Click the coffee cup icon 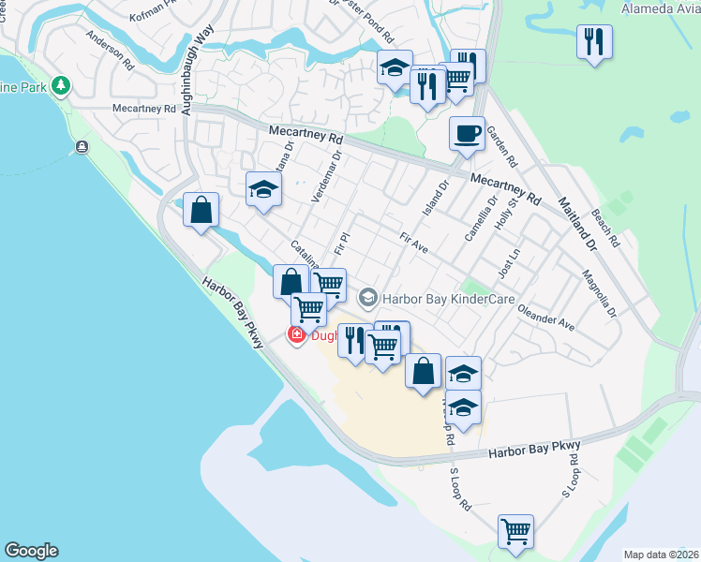466,133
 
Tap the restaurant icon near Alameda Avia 594,42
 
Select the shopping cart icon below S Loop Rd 515,531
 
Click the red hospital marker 296,334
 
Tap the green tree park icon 62,86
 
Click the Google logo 31,551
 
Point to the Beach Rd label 605,227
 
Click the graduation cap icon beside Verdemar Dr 263,189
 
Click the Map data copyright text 662,554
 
